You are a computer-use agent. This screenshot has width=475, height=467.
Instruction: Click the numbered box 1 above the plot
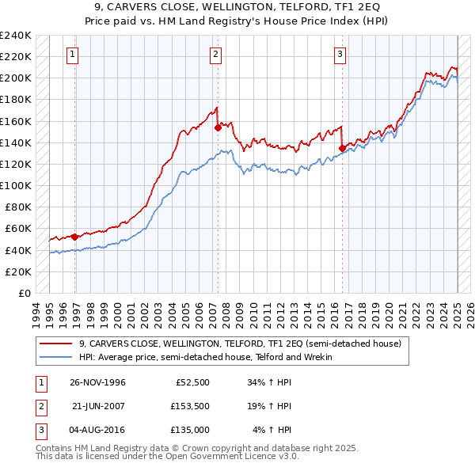coord(72,55)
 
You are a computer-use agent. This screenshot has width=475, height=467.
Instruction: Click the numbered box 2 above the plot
coord(215,55)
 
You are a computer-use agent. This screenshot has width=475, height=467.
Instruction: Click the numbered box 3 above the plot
coord(339,55)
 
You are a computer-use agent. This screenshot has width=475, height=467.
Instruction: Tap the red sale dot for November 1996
coord(75,236)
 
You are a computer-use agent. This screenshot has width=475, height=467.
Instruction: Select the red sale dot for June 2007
coord(218,127)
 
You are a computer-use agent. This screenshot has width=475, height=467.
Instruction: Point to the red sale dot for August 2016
coord(342,147)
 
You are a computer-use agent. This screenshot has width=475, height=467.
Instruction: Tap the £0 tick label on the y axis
coord(24,293)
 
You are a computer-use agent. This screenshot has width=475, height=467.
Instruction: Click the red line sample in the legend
coord(57,344)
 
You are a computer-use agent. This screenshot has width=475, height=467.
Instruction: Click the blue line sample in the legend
coord(57,357)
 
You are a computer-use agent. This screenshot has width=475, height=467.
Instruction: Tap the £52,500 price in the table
coord(192,382)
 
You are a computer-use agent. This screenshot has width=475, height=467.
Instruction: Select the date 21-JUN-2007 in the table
coord(99,406)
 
